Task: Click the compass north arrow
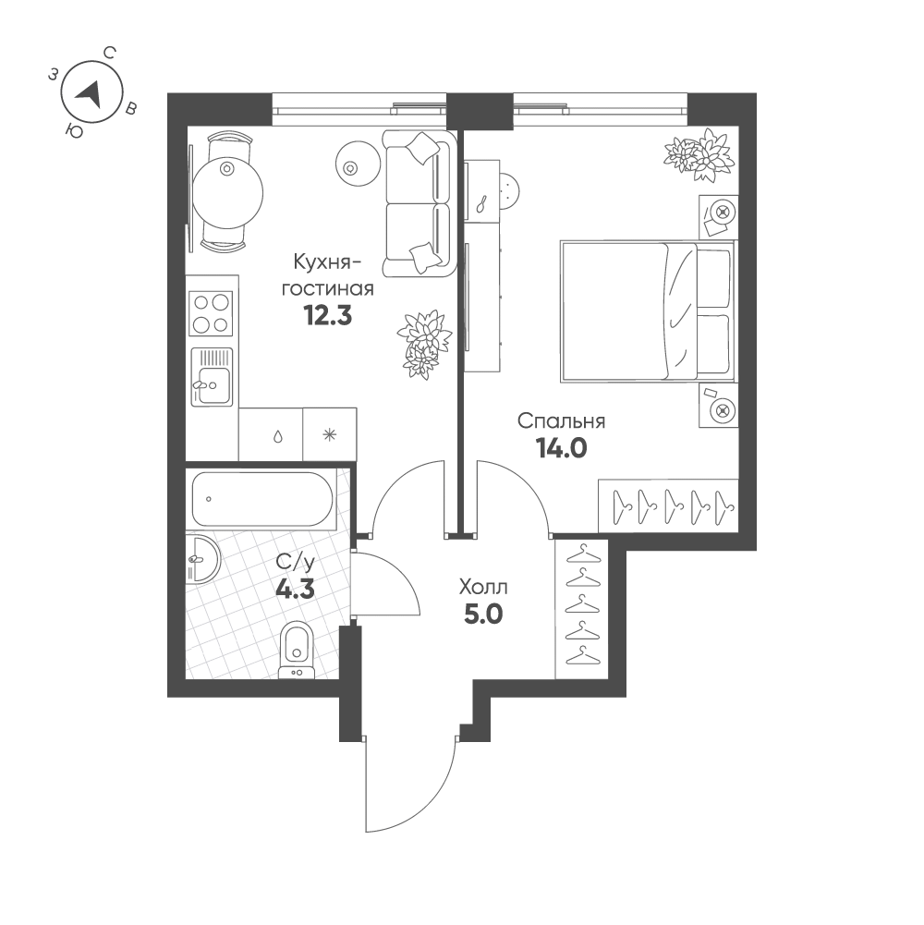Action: [x=90, y=94]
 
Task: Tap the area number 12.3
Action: [x=327, y=316]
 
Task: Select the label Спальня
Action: [x=561, y=421]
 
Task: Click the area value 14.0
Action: [x=561, y=449]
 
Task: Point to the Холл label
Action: [x=483, y=588]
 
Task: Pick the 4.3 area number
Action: [x=296, y=590]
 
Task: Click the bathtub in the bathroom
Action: [x=262, y=498]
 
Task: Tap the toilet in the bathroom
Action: [x=297, y=650]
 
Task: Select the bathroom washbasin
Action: [x=202, y=559]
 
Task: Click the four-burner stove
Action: [x=211, y=312]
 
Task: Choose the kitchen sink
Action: [x=212, y=377]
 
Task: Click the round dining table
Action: [x=227, y=193]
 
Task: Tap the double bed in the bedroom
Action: [x=648, y=310]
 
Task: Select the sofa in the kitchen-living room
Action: [x=419, y=203]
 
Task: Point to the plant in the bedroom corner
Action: [x=700, y=154]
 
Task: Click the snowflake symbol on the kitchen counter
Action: [x=329, y=435]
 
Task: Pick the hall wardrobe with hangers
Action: [x=581, y=608]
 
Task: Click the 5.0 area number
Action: [x=483, y=615]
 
